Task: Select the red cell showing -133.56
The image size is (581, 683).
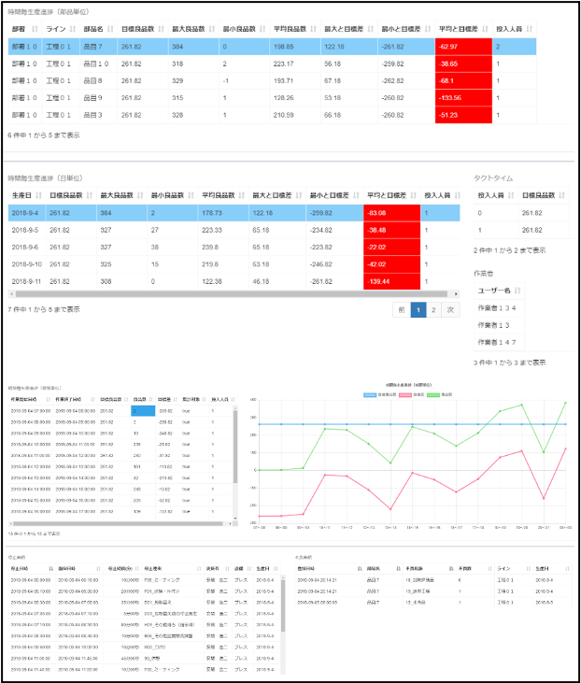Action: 463,97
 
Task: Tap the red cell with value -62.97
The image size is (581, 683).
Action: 463,46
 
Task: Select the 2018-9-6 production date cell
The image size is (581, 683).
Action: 24,246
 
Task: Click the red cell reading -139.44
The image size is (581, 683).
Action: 392,281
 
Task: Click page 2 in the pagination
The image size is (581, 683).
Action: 434,309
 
